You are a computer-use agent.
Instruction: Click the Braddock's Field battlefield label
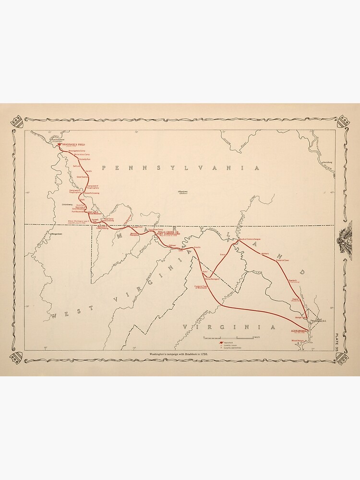click(73, 144)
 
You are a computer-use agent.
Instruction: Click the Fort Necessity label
click(78, 211)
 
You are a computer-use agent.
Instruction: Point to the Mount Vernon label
click(298, 341)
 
